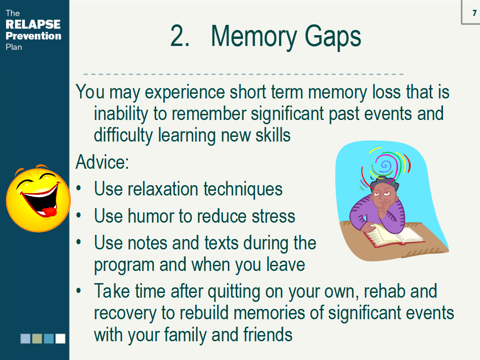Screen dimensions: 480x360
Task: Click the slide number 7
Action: [x=474, y=13]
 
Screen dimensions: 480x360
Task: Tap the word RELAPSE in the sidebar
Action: [x=33, y=24]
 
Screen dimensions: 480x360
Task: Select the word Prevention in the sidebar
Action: [x=33, y=36]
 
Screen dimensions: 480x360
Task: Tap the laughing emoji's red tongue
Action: [x=49, y=211]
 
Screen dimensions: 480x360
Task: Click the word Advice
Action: [x=102, y=162]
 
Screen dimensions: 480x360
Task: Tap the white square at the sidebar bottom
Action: [x=60, y=338]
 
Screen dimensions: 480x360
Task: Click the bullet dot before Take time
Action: [x=79, y=291]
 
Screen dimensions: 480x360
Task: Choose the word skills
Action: [x=273, y=135]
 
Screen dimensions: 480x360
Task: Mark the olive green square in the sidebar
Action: [x=37, y=338]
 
